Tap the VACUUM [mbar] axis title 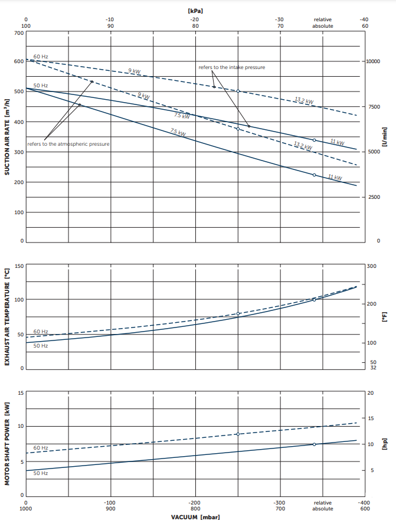pyautogui.click(x=195, y=517)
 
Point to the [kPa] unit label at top pyautogui.click(x=195, y=11)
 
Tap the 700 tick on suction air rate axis pyautogui.click(x=19, y=33)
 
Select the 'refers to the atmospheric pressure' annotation pyautogui.click(x=68, y=144)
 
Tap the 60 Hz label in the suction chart pyautogui.click(x=41, y=57)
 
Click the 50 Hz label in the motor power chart pyautogui.click(x=41, y=473)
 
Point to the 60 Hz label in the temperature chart pyautogui.click(x=41, y=332)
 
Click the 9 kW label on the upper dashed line pyautogui.click(x=135, y=71)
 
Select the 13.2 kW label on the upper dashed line pyautogui.click(x=304, y=100)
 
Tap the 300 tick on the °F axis pyautogui.click(x=371, y=267)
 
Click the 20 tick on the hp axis pyautogui.click(x=370, y=393)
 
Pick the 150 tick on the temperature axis pyautogui.click(x=19, y=266)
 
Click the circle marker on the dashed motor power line pyautogui.click(x=238, y=434)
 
